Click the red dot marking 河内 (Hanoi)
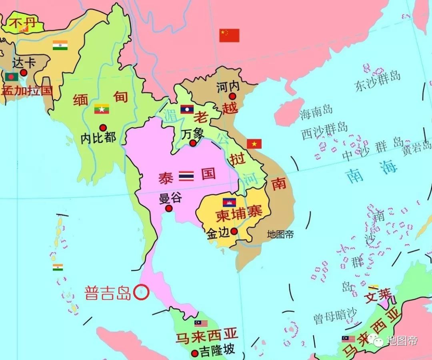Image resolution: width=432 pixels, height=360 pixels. click(x=232, y=96)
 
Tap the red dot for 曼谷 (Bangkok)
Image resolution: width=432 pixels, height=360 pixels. click(x=169, y=208)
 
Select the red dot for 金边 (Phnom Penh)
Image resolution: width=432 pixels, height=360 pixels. click(x=234, y=231)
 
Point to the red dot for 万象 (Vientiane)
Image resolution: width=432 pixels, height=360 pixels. click(x=193, y=143)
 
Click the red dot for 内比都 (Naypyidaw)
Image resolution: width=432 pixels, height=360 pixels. click(x=103, y=128)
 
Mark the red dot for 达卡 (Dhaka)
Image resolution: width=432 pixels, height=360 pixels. click(x=24, y=72)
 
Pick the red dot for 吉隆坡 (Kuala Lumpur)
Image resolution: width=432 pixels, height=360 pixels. click(x=195, y=353)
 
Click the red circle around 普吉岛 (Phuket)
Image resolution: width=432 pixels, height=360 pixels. click(x=141, y=292)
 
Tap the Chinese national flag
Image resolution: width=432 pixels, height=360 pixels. click(x=229, y=35)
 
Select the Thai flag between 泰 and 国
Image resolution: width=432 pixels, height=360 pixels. click(x=186, y=175)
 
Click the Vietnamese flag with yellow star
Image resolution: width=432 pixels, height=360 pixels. click(x=254, y=144)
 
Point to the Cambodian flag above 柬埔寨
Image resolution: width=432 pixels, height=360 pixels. click(x=229, y=202)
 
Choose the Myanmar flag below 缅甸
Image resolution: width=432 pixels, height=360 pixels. click(x=102, y=109)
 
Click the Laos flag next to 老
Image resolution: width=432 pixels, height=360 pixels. click(x=187, y=109)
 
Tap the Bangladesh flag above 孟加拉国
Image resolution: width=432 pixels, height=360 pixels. click(x=12, y=76)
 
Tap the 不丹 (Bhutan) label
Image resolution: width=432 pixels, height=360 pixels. click(x=22, y=23)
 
